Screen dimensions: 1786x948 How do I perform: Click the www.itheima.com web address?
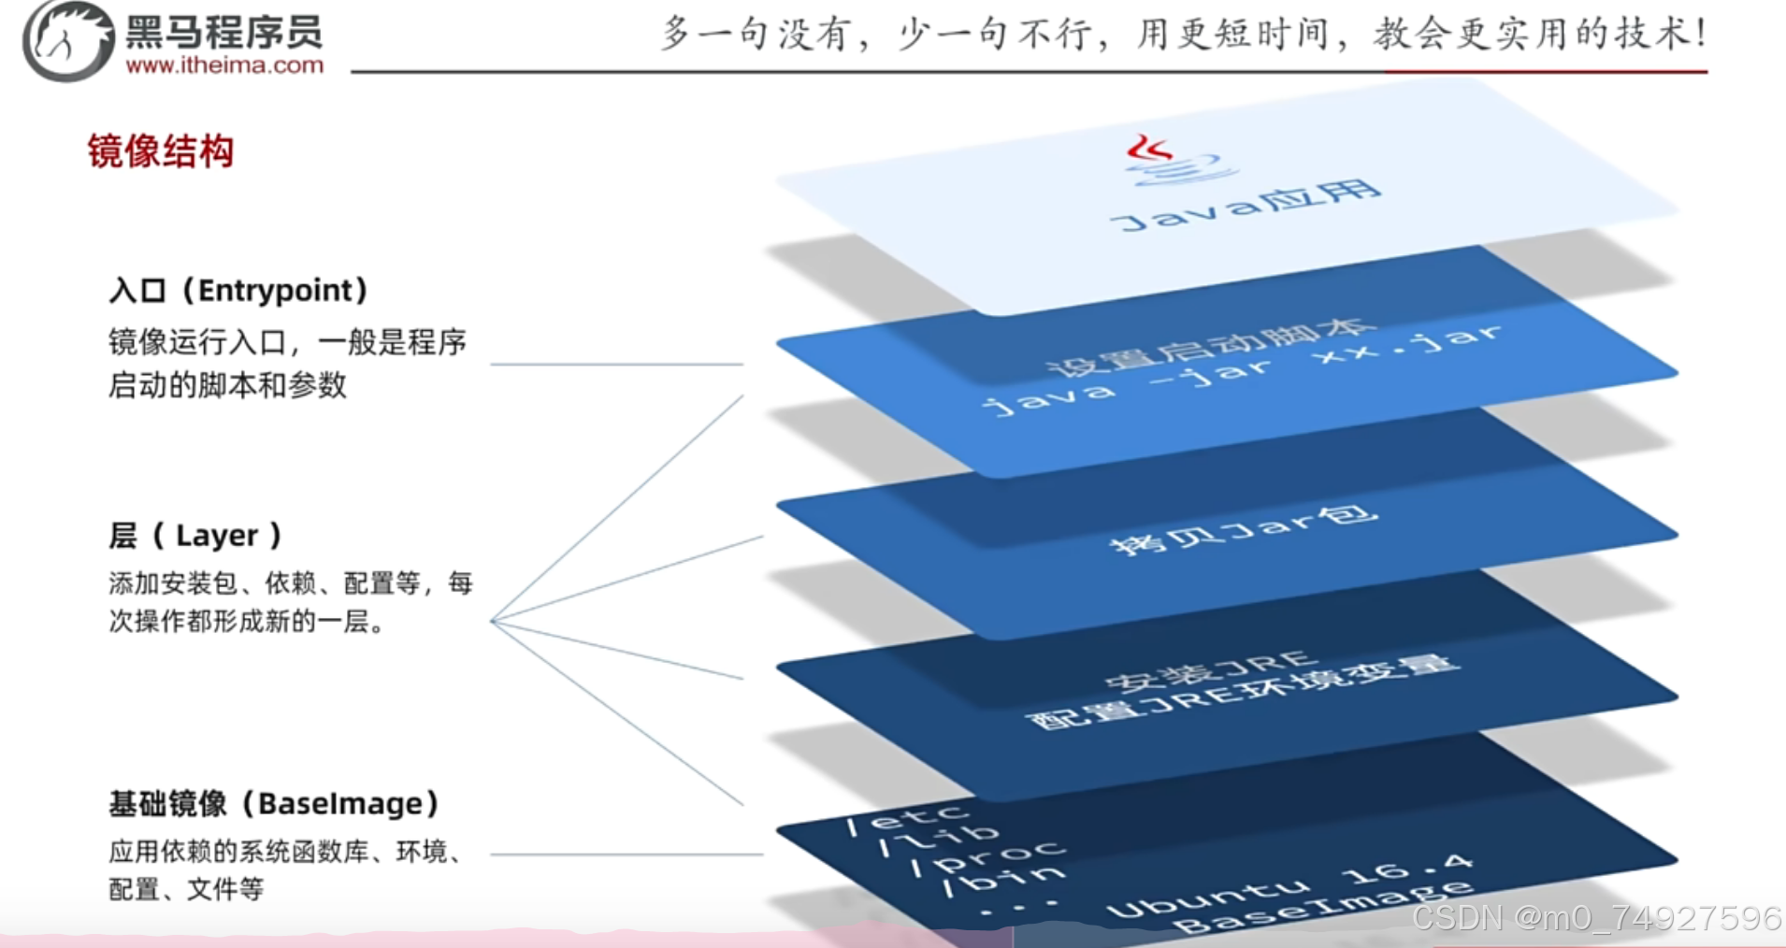tap(224, 65)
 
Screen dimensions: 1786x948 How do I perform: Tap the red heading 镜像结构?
tap(160, 151)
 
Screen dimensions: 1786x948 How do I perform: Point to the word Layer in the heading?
tap(216, 536)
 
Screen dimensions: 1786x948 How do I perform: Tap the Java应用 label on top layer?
tap(1245, 207)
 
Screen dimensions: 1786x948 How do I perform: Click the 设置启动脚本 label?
tap(1210, 347)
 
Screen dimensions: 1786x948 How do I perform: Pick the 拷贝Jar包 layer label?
tap(1243, 529)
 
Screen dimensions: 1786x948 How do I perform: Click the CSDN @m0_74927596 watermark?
tap(1595, 918)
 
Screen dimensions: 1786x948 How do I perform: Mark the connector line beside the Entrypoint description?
tap(616, 364)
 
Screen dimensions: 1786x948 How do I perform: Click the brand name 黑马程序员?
tap(224, 33)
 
